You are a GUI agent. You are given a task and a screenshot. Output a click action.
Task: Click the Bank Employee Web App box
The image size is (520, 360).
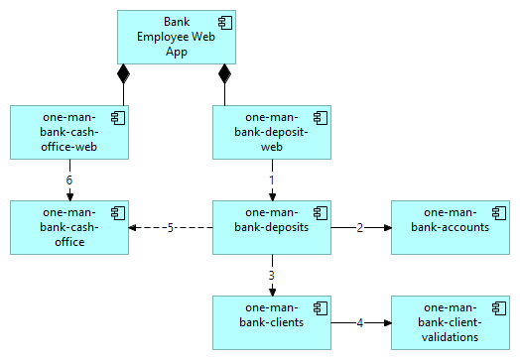click(x=176, y=37)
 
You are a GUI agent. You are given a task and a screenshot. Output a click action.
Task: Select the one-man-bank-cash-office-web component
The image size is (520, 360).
click(x=69, y=132)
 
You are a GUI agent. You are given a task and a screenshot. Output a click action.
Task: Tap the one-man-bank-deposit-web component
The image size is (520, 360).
click(x=272, y=132)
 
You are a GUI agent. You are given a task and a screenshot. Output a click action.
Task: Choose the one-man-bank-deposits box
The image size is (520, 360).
click(x=272, y=227)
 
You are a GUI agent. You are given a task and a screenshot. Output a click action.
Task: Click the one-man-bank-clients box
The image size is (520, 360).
click(x=272, y=322)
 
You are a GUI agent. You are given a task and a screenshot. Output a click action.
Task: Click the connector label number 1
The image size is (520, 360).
click(x=272, y=180)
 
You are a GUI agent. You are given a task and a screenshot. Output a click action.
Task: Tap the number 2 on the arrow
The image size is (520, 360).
click(x=360, y=227)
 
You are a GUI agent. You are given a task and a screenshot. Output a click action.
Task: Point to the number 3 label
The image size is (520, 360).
click(x=272, y=275)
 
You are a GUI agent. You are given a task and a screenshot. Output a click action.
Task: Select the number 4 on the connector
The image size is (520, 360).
click(x=360, y=322)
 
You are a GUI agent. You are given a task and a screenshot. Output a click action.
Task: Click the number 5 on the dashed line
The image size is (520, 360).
click(x=171, y=227)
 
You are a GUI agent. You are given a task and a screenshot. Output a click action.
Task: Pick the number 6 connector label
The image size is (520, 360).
click(x=69, y=180)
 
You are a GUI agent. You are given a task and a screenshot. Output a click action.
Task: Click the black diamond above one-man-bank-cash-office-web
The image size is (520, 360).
click(x=123, y=73)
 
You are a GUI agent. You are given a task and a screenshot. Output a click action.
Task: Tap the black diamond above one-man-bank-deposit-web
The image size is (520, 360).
click(x=224, y=73)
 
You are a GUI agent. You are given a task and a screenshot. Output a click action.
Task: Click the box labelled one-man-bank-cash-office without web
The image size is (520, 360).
click(x=69, y=227)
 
